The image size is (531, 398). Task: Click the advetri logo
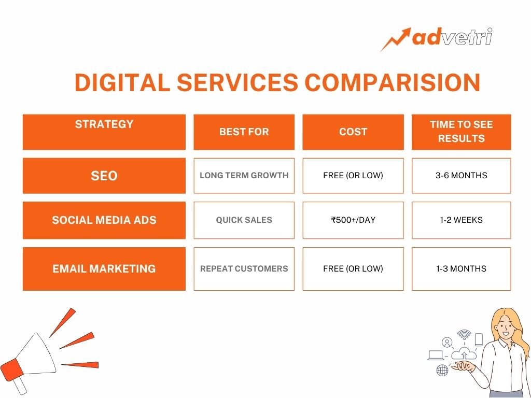[x=436, y=39]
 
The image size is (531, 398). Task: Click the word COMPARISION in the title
[x=393, y=82]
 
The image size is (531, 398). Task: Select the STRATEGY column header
[x=104, y=132]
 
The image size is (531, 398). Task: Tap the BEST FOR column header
[x=244, y=132]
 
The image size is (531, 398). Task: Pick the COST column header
[x=353, y=132]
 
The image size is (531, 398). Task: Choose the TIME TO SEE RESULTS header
[x=461, y=132]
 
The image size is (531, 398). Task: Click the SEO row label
[x=104, y=176]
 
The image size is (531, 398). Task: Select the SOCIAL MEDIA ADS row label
[x=104, y=220]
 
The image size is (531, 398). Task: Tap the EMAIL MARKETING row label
[x=104, y=269]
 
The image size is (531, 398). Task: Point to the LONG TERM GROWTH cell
[x=244, y=176]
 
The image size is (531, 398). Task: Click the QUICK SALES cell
[x=244, y=220]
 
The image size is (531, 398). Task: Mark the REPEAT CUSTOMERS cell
[x=244, y=269]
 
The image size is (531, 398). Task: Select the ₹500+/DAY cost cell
[x=353, y=220]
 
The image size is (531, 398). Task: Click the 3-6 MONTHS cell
[x=461, y=176]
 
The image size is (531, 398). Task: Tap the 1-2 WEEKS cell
[x=461, y=220]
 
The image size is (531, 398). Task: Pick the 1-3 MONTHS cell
[x=461, y=269]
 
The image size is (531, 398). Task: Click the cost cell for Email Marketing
[x=353, y=269]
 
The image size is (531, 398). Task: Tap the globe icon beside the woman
[x=442, y=370]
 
